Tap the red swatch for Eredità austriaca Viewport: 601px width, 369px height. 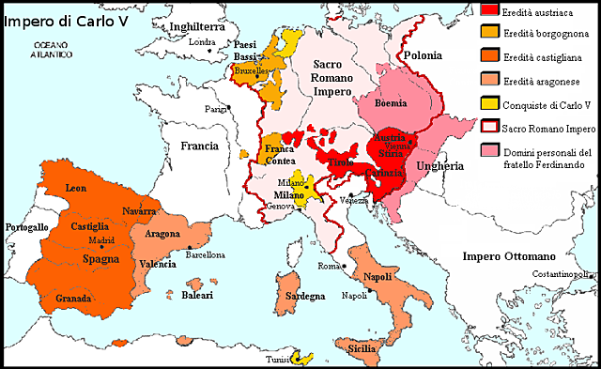(x=489, y=9)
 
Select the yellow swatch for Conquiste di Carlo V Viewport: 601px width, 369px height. (x=489, y=103)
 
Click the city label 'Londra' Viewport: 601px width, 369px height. (x=201, y=42)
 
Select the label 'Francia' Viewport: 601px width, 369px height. (x=199, y=146)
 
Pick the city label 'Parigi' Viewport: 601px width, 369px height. (x=217, y=109)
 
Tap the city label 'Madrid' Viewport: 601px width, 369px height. (x=100, y=240)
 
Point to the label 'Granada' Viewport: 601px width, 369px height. (x=73, y=298)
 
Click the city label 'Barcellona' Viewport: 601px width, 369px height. (x=205, y=254)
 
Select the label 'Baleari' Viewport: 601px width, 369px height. (x=196, y=296)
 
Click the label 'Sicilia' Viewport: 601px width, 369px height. (x=366, y=348)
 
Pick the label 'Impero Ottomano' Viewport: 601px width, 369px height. (x=510, y=256)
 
